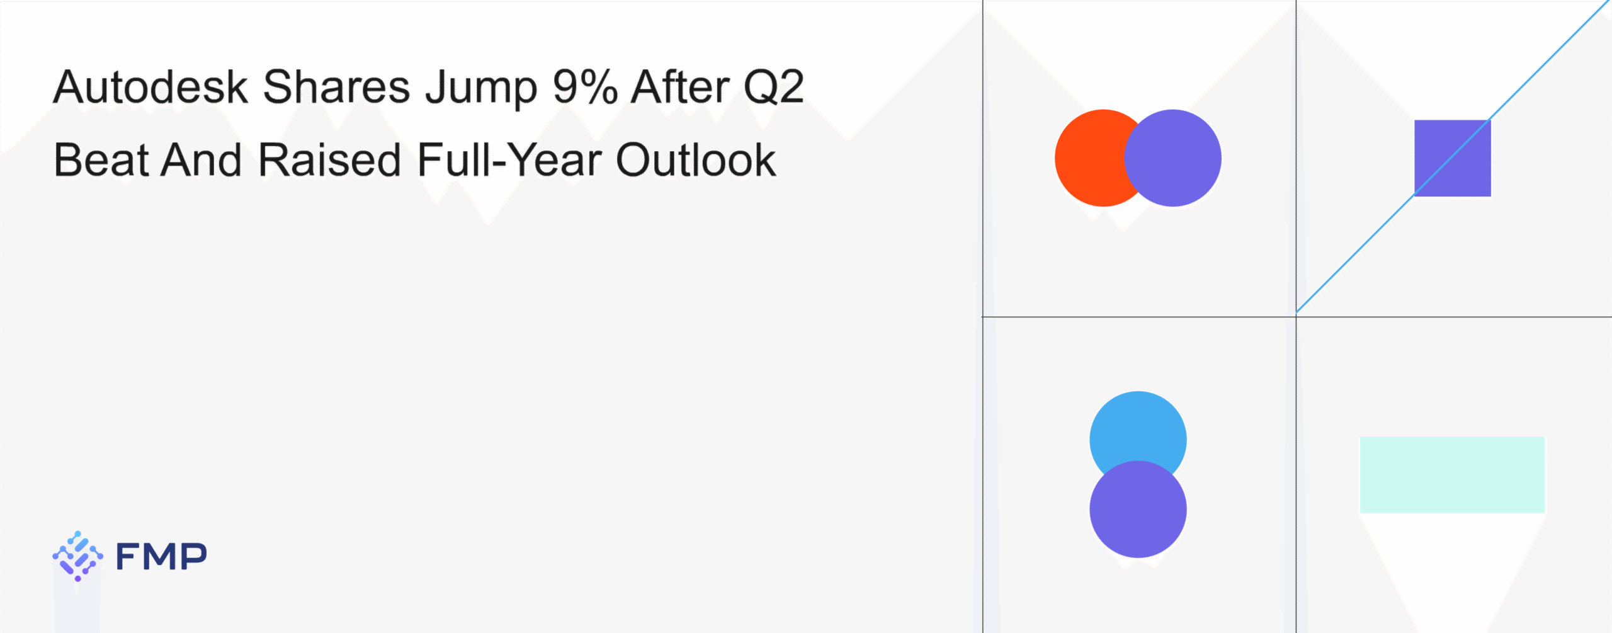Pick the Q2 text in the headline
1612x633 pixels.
coord(774,88)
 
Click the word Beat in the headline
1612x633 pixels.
coord(101,159)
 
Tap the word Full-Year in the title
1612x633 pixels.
coord(509,159)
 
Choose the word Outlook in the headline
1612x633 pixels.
coord(696,159)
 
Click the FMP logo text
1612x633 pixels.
coord(161,556)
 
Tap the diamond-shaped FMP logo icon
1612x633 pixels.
coord(77,556)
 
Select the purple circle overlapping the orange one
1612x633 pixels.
coord(1172,158)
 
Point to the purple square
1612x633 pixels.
coord(1453,158)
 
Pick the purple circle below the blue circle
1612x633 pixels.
coord(1138,509)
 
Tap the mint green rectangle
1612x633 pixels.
coord(1452,474)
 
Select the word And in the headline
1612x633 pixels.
coord(201,159)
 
